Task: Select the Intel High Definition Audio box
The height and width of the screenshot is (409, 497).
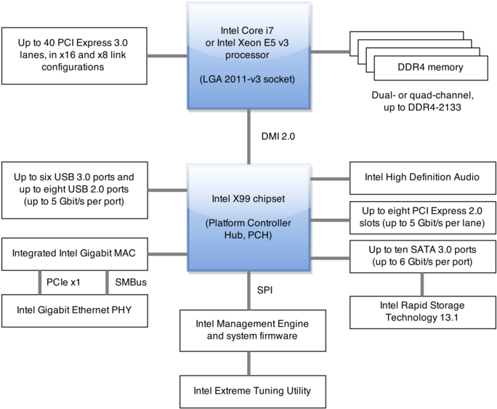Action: tap(422, 177)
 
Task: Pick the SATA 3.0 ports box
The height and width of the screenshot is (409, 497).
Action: tap(422, 255)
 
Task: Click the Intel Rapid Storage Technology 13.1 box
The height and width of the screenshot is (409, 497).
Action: tap(422, 312)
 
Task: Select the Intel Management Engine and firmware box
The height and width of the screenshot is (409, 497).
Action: tap(248, 330)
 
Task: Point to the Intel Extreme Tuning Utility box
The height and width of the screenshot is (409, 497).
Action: tap(248, 391)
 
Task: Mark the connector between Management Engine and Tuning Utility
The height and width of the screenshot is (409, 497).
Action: tap(248, 362)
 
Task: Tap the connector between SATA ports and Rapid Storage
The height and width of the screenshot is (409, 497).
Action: tap(422, 284)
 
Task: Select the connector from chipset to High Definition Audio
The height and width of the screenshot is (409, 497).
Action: tap(331, 177)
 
